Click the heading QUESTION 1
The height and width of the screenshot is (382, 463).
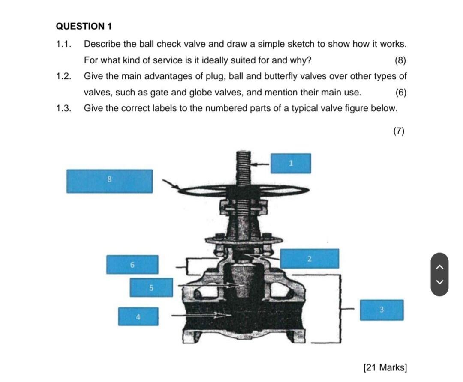pyautogui.click(x=84, y=26)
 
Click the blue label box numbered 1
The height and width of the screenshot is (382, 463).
pyautogui.click(x=291, y=163)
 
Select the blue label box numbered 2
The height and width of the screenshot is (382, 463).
pyautogui.click(x=309, y=259)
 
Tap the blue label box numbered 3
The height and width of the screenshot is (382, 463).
pyautogui.click(x=381, y=310)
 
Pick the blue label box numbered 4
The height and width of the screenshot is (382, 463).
pyautogui.click(x=138, y=316)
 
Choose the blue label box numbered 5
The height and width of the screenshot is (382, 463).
pyautogui.click(x=151, y=287)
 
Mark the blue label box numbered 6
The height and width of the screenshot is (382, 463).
pyautogui.click(x=132, y=265)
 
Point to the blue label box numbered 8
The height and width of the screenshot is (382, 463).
pyautogui.click(x=109, y=181)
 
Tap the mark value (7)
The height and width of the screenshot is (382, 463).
pyautogui.click(x=398, y=131)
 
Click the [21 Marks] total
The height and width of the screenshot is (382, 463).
pyautogui.click(x=385, y=367)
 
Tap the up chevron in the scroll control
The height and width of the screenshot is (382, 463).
pyautogui.click(x=440, y=267)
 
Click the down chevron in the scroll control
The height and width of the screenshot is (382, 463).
pyautogui.click(x=440, y=282)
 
